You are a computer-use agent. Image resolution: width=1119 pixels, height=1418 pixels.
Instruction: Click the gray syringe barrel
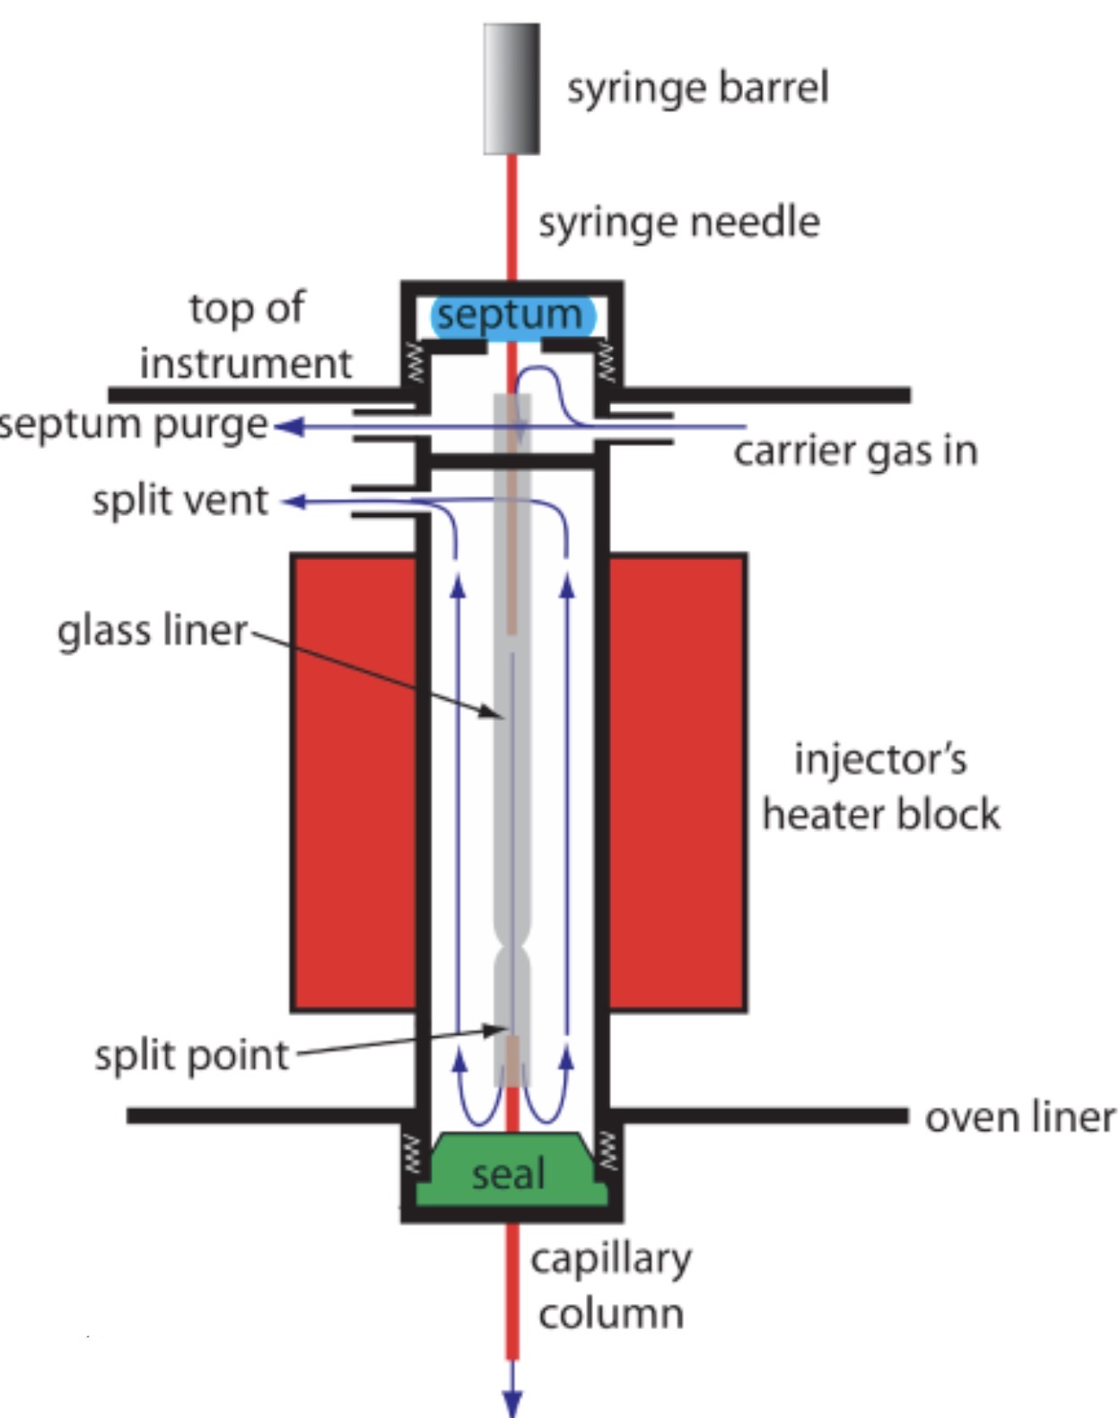(x=511, y=89)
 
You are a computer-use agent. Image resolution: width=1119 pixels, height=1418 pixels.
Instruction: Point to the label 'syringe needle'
(x=678, y=222)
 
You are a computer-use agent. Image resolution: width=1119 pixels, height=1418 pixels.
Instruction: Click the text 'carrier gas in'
(x=855, y=451)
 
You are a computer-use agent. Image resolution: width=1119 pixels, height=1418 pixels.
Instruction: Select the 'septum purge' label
(x=135, y=425)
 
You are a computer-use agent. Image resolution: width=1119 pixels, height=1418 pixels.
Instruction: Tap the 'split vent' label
(x=179, y=500)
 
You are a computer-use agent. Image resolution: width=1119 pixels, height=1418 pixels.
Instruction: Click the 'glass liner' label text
(x=152, y=630)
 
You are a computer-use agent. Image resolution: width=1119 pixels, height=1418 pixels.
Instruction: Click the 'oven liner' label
(x=1019, y=1117)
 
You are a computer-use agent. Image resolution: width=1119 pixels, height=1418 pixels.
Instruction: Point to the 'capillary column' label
(x=611, y=1285)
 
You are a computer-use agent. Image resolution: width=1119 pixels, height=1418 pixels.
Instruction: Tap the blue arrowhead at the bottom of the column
(x=511, y=1403)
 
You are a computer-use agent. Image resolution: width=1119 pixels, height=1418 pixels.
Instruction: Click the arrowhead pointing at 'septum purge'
(x=285, y=427)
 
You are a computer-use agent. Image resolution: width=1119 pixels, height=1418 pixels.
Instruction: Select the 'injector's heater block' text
(x=880, y=787)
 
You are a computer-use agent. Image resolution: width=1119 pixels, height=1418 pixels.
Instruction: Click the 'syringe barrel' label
(x=697, y=88)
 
